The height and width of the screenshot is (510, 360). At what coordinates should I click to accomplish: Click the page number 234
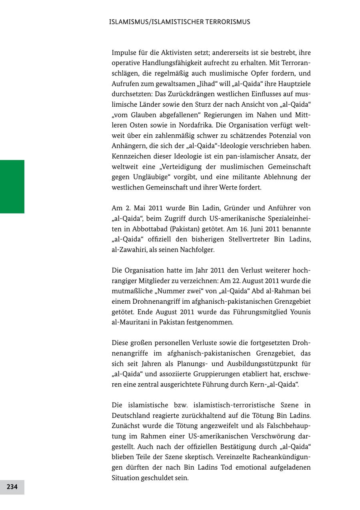point(12,487)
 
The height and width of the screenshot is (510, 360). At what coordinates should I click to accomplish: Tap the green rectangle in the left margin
point(12,186)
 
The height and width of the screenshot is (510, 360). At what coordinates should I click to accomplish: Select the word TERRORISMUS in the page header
point(228,22)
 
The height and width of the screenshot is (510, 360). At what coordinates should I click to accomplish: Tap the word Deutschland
point(132,416)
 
